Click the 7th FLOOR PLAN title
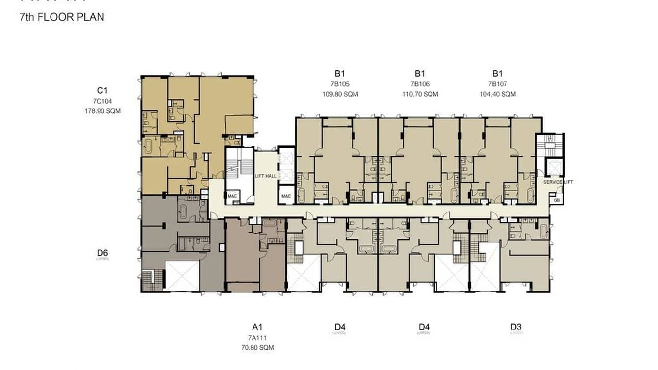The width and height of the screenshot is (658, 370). click(62, 17)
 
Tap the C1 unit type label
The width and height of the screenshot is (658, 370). click(102, 90)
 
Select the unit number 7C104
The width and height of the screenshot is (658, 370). click(102, 101)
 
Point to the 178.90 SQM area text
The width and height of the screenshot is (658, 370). click(102, 111)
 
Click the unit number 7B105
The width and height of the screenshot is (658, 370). click(340, 84)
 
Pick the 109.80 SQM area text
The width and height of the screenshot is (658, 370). click(340, 94)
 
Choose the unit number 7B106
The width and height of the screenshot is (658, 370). click(420, 84)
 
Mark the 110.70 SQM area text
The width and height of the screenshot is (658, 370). click(420, 94)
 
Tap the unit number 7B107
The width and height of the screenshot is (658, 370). click(498, 84)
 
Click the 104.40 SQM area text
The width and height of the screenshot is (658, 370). click(498, 94)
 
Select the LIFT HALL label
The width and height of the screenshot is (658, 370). click(265, 176)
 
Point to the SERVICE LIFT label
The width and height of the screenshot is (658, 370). click(558, 182)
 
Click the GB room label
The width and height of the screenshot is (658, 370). click(557, 200)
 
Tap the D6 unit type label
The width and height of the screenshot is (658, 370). click(102, 253)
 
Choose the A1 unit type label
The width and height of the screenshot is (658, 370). click(258, 327)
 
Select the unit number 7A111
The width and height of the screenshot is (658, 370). click(258, 338)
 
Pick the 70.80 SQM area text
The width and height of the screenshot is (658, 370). click(258, 347)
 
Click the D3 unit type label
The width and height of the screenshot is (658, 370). click(516, 327)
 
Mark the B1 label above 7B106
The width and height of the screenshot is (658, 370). click(420, 74)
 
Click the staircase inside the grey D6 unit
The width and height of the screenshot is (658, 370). click(149, 280)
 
